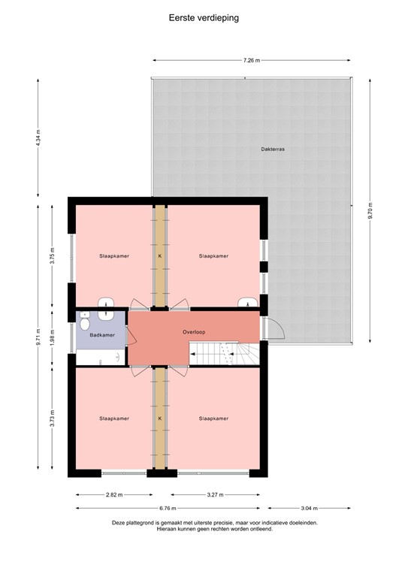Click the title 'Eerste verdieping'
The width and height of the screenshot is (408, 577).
(x=204, y=17)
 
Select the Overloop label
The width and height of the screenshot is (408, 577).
(x=194, y=331)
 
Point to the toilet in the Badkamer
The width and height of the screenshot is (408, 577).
(x=85, y=324)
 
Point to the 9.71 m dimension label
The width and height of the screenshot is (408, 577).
(x=38, y=337)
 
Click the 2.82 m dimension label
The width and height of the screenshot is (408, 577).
(x=114, y=495)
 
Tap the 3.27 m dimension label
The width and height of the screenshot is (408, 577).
(x=215, y=495)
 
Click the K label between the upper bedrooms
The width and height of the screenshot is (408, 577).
(x=159, y=256)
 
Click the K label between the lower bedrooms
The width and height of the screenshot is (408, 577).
(x=159, y=418)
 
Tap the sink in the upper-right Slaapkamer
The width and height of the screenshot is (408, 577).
(x=246, y=304)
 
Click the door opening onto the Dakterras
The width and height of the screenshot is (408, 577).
(x=272, y=328)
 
